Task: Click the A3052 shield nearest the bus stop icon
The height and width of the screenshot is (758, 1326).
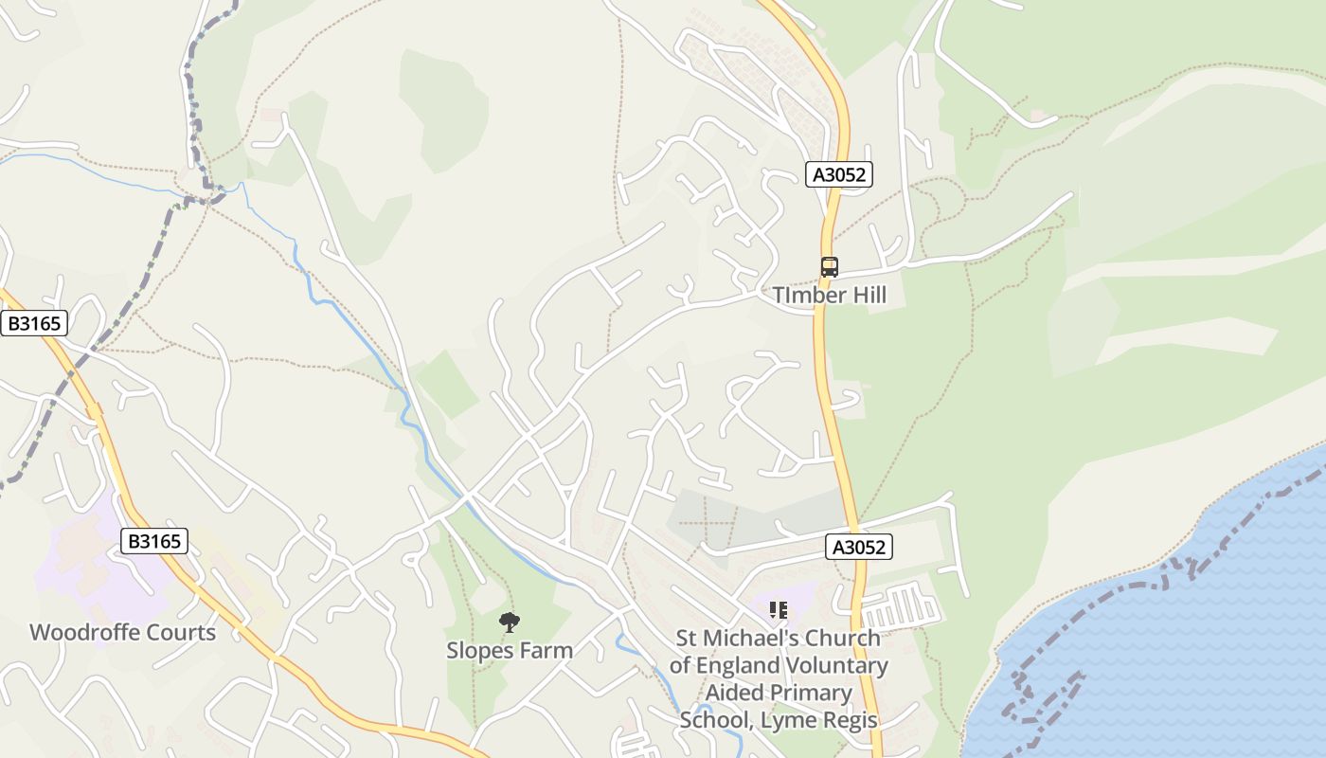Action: [x=839, y=174]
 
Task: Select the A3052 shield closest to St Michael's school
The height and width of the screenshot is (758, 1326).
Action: [x=859, y=547]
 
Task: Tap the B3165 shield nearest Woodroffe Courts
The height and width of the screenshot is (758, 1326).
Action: [x=154, y=541]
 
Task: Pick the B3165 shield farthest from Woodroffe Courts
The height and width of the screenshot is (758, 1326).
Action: [x=34, y=323]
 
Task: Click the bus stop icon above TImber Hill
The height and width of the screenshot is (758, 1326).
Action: [x=830, y=267]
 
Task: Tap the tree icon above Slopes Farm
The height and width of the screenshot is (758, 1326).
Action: [x=510, y=623]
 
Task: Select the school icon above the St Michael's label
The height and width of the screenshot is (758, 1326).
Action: [x=779, y=610]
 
